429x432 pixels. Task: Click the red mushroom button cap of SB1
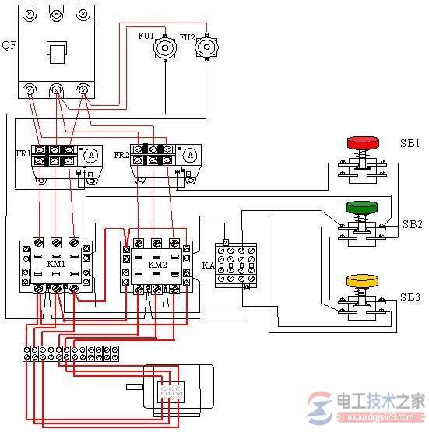[x=361, y=142]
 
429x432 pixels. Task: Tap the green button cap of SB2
[x=361, y=208]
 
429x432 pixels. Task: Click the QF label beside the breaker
[x=7, y=46]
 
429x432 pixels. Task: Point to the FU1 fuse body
[x=165, y=47]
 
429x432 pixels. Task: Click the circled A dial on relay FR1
[x=90, y=156]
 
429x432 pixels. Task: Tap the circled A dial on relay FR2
[x=190, y=155]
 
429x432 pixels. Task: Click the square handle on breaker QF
[x=57, y=54]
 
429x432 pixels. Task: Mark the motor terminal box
[x=170, y=392]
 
